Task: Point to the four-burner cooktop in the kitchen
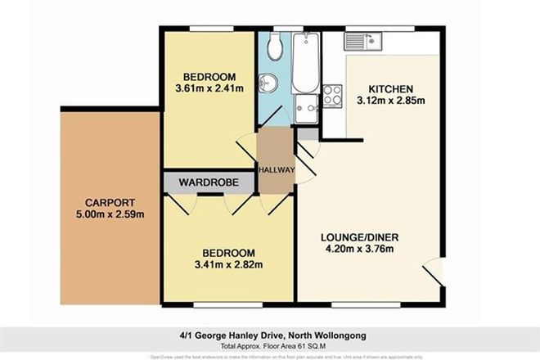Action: point(332,96)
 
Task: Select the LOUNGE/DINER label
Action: point(361,240)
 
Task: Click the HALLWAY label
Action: point(276,170)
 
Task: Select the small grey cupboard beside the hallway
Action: point(305,134)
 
